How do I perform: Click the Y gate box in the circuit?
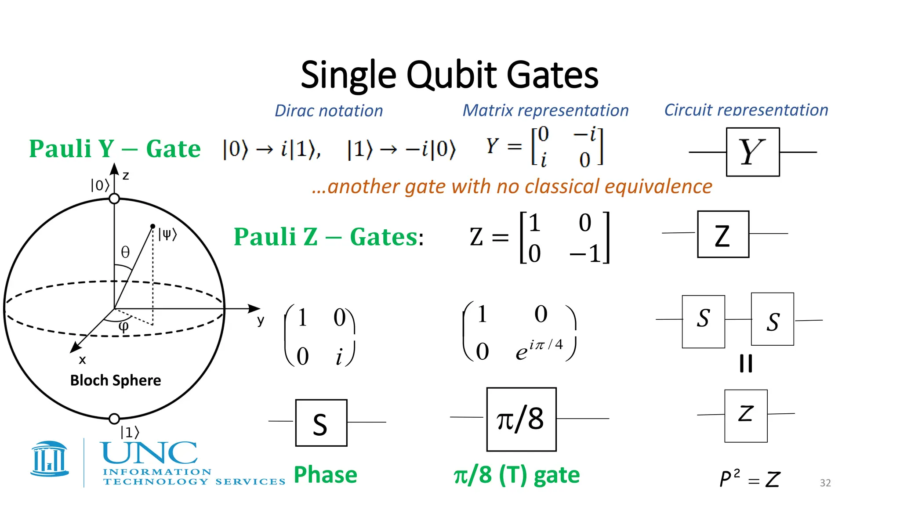tap(752, 152)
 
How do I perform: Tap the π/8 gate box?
tap(521, 419)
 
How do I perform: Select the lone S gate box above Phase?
tap(321, 423)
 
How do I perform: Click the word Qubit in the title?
tap(451, 75)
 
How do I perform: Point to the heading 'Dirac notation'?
tap(329, 111)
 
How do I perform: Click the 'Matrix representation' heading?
tap(545, 110)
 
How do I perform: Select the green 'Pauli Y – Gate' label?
tap(115, 148)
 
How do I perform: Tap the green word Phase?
tap(325, 475)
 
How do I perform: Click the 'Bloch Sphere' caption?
tap(116, 380)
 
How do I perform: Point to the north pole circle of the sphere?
tap(114, 199)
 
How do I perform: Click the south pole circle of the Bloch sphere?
tap(114, 419)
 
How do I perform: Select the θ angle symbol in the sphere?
tap(125, 252)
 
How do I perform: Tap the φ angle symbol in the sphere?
tap(124, 326)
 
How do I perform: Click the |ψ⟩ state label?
tap(167, 234)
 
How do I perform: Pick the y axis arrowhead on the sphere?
tap(254, 308)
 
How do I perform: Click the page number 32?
tap(825, 483)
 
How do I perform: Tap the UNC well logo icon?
tap(50, 459)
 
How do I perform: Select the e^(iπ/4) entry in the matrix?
tap(539, 350)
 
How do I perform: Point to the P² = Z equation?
tap(750, 478)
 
